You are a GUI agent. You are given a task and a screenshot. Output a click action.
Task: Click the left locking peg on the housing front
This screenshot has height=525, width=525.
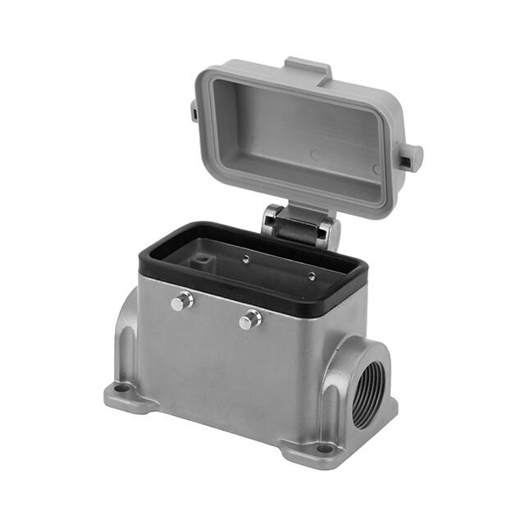(182, 302)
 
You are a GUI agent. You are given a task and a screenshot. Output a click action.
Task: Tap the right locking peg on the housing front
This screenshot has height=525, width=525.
(250, 319)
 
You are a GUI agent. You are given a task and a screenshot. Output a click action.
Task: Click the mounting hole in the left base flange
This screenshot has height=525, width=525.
(122, 390)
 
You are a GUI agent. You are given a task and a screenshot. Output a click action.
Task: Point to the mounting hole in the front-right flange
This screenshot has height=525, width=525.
(323, 448)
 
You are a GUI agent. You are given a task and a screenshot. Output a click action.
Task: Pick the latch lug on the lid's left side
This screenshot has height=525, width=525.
(189, 108)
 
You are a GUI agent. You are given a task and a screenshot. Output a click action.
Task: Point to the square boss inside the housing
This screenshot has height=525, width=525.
(199, 262)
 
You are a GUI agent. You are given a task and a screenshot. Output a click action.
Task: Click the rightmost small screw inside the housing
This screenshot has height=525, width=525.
(311, 275)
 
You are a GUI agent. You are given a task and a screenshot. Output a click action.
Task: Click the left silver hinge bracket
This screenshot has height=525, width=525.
(271, 220)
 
